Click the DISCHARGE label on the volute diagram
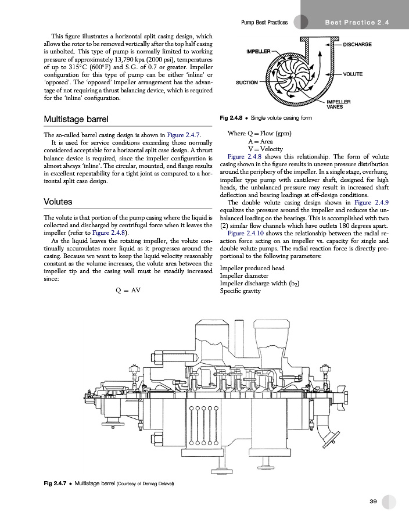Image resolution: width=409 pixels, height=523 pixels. (x=358, y=45)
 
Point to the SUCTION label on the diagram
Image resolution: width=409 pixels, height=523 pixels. (x=246, y=83)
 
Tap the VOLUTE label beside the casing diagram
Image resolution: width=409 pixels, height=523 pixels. (x=353, y=74)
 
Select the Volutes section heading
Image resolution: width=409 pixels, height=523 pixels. (x=58, y=202)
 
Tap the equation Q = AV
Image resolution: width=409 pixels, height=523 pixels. (x=128, y=289)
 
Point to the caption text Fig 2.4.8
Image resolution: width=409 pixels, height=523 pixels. (x=231, y=118)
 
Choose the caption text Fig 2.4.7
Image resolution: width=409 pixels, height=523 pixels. (x=56, y=483)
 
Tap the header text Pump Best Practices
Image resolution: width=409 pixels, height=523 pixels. (x=264, y=22)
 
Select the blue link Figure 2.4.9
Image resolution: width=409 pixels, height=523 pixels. (x=371, y=202)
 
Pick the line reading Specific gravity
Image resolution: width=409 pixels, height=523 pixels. (x=242, y=291)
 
